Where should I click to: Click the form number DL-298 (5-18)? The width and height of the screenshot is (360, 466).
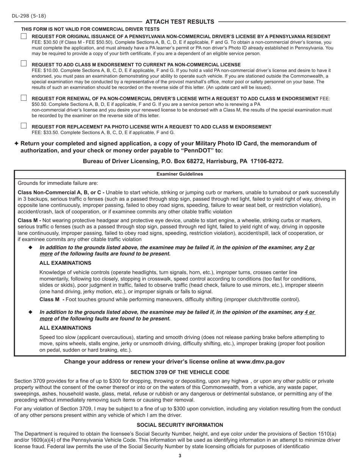pos(29,16)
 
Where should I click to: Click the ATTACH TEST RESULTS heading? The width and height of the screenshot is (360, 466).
pos(180,22)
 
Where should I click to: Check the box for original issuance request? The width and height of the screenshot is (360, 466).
pos(24,36)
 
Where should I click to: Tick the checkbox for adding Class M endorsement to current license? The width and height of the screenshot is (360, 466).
pos(24,64)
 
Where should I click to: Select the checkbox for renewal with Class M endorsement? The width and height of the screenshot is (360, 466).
pos(24,98)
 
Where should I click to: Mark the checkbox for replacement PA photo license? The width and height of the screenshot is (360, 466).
pos(24,126)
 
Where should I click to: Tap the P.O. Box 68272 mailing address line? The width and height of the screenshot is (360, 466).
pos(183,161)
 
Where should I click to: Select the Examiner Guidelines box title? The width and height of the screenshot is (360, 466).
pos(180,174)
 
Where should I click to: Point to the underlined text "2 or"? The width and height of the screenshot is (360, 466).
pos(310,248)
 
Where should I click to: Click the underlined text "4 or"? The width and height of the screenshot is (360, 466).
pos(310,313)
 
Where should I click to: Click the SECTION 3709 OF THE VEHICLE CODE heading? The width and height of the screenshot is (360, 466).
pos(180,372)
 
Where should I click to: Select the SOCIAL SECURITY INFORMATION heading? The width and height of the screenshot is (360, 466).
pos(180,425)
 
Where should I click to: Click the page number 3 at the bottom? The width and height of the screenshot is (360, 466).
pos(180,456)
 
